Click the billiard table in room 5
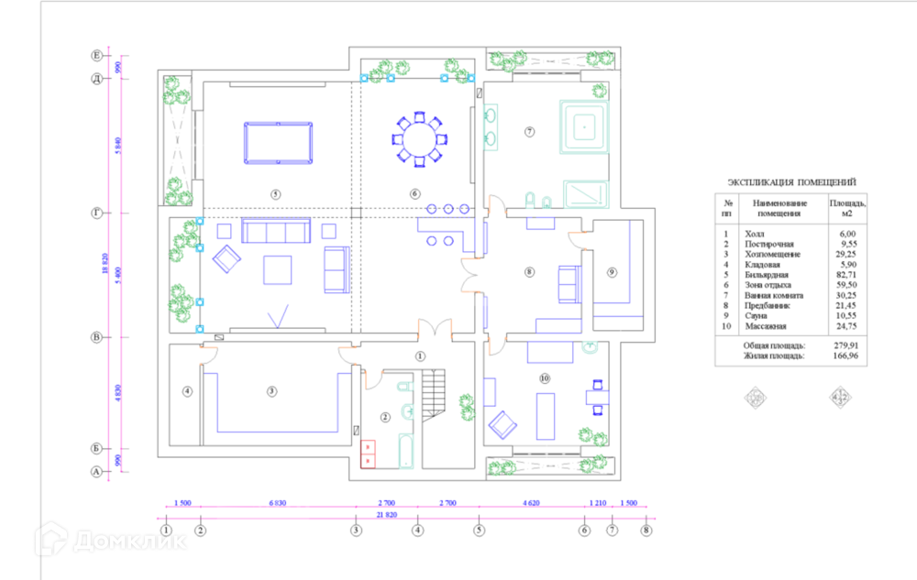click(x=277, y=142)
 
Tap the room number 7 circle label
click(x=529, y=132)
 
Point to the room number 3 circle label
click(x=271, y=391)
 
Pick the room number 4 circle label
click(x=187, y=391)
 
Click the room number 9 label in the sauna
click(x=612, y=271)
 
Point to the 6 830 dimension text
click(x=278, y=504)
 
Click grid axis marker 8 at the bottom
click(x=646, y=530)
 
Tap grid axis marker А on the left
click(x=95, y=472)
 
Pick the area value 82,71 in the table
click(x=844, y=275)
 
